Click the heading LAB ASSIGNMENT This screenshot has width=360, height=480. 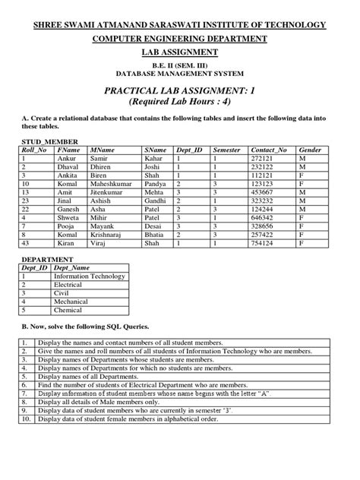click(x=180, y=52)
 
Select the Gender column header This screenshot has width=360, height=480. click(x=312, y=151)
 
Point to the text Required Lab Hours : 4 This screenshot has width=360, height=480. click(x=179, y=103)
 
